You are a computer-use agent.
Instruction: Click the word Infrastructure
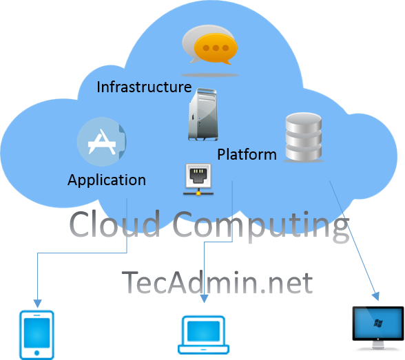(144, 87)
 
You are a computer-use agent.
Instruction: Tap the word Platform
(247, 155)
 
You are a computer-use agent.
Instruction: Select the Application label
(107, 180)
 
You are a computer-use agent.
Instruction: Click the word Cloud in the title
(114, 224)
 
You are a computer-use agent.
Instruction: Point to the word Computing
(261, 226)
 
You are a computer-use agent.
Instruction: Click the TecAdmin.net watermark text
(217, 282)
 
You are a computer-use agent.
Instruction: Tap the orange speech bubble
(216, 49)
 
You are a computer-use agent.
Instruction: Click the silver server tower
(203, 114)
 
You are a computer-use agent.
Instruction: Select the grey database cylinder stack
(304, 137)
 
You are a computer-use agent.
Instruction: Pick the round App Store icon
(102, 141)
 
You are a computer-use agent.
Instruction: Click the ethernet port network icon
(198, 179)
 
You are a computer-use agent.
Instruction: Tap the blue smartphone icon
(37, 335)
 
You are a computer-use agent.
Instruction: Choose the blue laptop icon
(204, 335)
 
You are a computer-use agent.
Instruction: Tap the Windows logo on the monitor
(378, 323)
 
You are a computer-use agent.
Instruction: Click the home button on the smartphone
(37, 353)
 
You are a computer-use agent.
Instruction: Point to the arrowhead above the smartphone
(37, 304)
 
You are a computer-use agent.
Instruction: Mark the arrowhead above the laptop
(204, 299)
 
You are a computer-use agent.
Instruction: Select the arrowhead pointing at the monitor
(376, 296)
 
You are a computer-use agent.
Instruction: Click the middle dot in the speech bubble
(216, 48)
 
